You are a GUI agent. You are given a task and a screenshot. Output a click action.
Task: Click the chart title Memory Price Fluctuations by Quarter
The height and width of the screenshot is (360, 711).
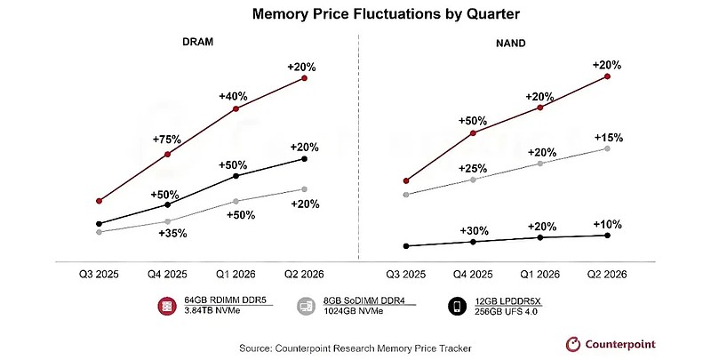386,13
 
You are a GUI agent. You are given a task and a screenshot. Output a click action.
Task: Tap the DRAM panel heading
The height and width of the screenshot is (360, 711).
197,42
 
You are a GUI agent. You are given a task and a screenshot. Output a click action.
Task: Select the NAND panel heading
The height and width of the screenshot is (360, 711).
510,43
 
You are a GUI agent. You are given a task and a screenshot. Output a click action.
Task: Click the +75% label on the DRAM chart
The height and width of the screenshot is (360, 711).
167,140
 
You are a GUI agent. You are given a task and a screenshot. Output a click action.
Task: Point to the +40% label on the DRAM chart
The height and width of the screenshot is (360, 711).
233,96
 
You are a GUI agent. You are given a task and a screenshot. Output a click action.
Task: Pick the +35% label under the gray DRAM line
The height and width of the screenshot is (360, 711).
172,234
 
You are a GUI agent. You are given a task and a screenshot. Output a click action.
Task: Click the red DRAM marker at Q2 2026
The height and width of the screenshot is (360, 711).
304,78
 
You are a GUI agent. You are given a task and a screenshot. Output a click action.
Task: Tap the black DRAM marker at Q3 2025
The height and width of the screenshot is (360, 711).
99,223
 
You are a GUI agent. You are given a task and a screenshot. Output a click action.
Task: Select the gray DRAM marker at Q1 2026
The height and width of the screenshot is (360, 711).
236,201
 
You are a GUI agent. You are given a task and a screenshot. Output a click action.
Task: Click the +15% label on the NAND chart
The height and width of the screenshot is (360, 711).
609,138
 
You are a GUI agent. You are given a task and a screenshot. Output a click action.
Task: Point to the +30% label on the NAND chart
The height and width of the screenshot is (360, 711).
475,231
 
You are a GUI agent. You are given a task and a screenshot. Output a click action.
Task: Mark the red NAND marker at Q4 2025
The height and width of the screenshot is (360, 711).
473,132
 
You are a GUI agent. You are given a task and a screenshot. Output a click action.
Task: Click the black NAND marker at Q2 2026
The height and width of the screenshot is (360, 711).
608,235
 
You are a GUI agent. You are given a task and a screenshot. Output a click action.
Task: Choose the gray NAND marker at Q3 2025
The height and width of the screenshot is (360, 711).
406,195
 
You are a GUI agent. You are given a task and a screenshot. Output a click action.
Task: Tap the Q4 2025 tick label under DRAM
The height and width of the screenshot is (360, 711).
167,274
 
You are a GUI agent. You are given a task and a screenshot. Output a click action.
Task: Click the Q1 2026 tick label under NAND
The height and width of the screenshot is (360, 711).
540,275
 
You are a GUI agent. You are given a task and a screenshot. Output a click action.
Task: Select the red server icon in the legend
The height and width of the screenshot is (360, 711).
167,306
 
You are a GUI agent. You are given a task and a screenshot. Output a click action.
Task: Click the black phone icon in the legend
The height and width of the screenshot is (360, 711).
457,306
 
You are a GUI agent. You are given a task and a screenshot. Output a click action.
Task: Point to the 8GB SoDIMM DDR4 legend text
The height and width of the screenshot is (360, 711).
364,300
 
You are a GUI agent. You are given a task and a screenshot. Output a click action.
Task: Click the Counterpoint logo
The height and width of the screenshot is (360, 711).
611,345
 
